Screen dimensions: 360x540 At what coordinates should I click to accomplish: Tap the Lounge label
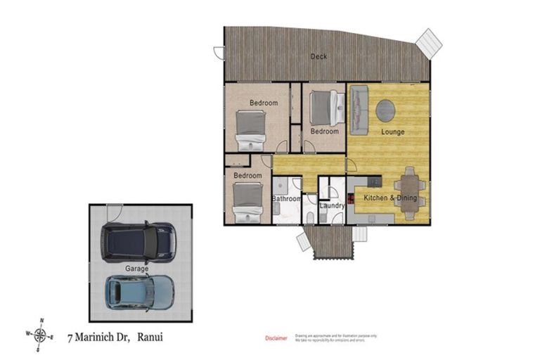point(392,131)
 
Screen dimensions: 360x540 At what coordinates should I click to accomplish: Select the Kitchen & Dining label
point(390,198)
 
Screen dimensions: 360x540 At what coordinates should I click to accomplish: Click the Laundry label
point(331,206)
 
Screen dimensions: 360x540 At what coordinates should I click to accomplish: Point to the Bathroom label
point(286,199)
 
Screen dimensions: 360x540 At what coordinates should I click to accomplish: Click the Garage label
point(136,269)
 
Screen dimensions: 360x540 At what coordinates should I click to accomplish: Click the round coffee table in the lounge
point(385,110)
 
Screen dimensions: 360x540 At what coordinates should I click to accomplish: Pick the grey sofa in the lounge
point(359,110)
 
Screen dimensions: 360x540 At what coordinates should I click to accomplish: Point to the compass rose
point(42,334)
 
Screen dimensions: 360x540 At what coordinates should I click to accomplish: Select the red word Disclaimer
point(276,338)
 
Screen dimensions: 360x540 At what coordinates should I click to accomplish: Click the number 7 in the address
point(70,338)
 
